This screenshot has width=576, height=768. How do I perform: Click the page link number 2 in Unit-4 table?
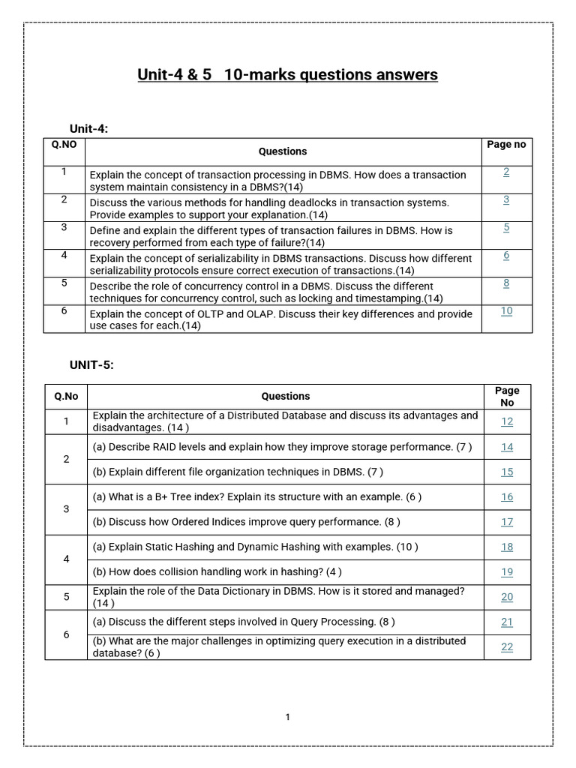click(506, 172)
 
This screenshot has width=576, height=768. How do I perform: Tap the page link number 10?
click(506, 310)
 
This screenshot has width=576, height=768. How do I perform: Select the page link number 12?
click(507, 421)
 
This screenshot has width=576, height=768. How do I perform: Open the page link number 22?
click(507, 647)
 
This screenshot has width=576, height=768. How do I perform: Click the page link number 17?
click(507, 522)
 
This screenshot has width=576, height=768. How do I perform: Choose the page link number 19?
click(507, 572)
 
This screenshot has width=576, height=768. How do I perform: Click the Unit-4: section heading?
click(89, 128)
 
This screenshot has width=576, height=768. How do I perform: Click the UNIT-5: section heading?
click(91, 364)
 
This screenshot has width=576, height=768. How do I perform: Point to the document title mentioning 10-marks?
click(287, 75)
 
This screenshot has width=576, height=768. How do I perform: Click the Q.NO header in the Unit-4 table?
click(64, 144)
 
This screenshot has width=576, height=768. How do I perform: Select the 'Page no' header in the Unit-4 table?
click(506, 144)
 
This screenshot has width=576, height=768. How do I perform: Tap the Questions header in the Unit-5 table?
click(285, 396)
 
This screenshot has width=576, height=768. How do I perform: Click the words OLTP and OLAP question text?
click(281, 319)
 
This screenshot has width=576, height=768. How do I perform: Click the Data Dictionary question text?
click(278, 597)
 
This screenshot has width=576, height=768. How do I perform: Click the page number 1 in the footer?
click(287, 717)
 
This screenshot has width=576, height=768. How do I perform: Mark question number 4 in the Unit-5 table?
click(66, 559)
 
